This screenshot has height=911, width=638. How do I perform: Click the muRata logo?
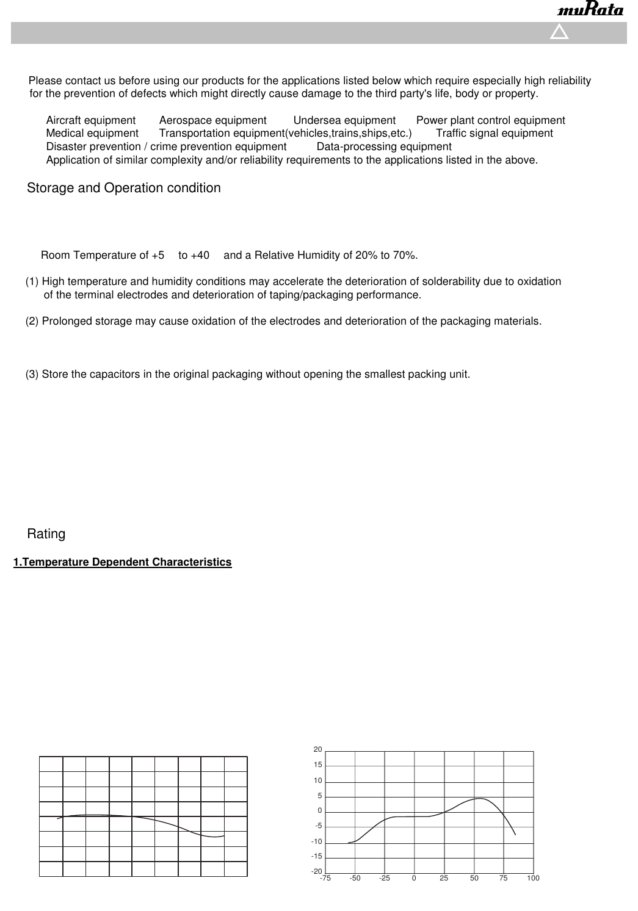pos(590,11)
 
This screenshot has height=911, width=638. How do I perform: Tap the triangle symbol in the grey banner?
pos(559,32)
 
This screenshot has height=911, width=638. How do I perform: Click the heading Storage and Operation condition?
pos(124,188)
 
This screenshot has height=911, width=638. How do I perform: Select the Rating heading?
pos(46,534)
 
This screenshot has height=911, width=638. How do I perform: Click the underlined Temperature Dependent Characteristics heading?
pos(123,562)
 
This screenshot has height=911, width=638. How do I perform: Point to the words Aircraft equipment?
pos(91,120)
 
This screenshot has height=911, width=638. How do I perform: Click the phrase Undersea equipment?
pos(344,120)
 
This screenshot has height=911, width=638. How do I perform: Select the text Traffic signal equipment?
pos(495,133)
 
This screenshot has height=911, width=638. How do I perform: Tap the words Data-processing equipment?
pos(384,146)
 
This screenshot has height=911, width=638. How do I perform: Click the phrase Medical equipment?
pos(92,133)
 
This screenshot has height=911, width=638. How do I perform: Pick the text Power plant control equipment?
pos(490,120)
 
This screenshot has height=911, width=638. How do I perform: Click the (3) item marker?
pos(32,374)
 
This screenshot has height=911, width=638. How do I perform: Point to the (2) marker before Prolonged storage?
pos(32,321)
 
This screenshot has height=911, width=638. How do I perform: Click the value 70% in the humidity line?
pos(405,255)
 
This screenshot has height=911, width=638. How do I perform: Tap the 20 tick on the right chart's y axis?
pos(317,749)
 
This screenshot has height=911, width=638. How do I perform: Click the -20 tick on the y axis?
pos(316,871)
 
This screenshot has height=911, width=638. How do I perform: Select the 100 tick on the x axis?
pos(533,878)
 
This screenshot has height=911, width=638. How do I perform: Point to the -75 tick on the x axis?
pos(325,878)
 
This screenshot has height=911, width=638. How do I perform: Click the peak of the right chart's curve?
pos(480,798)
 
